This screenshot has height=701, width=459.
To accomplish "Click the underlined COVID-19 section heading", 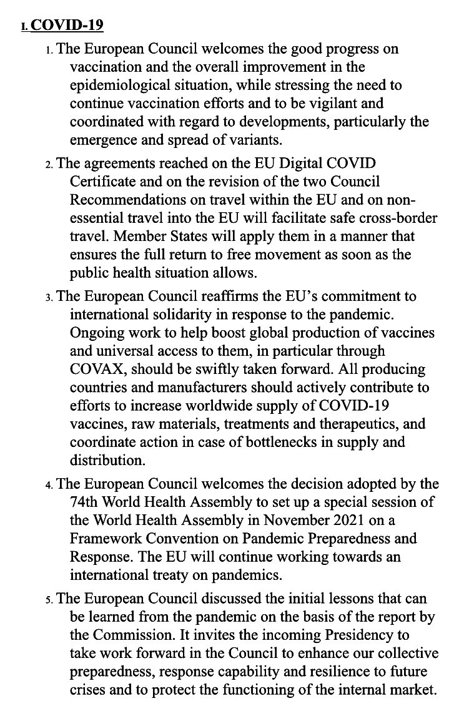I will coord(67,26).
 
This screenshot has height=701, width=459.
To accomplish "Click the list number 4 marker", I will coord(49,485).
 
